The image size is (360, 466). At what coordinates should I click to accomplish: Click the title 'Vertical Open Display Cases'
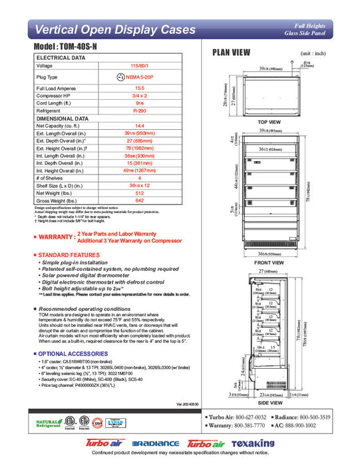(115, 29)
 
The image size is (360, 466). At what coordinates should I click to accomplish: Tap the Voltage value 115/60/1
(140, 66)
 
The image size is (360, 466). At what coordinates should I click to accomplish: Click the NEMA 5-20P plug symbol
(120, 77)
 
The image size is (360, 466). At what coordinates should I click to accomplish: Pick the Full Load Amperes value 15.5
(140, 88)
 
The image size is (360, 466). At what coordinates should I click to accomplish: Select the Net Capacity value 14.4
(140, 125)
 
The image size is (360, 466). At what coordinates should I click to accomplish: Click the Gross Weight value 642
(140, 200)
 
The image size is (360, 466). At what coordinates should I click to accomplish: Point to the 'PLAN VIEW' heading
(231, 53)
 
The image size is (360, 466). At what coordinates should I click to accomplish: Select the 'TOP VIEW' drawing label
(269, 122)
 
